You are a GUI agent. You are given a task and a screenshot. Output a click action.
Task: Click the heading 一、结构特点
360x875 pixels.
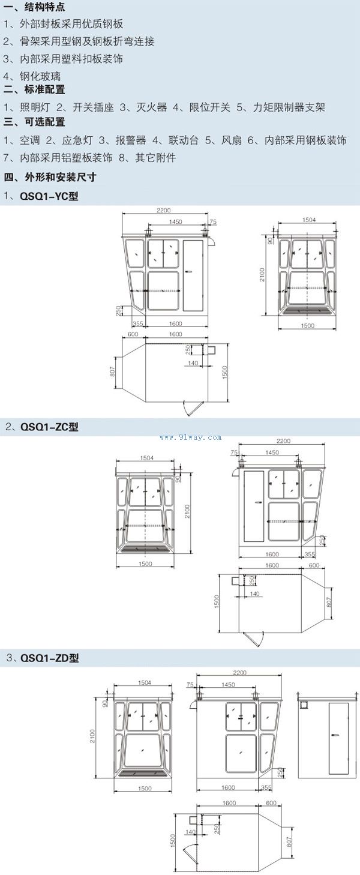34,8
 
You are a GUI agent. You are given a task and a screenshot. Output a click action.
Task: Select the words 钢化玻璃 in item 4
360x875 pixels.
40,76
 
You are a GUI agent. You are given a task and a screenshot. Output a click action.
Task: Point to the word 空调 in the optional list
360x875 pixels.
29,140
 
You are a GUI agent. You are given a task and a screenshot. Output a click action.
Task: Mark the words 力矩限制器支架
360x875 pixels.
289,107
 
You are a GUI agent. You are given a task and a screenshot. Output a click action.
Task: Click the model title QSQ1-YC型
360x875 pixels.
49,196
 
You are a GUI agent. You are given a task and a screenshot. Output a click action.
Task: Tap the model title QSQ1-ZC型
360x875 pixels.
49,427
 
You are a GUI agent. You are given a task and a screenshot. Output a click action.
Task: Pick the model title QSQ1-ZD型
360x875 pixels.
49,658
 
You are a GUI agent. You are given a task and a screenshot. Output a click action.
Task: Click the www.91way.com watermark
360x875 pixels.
191,437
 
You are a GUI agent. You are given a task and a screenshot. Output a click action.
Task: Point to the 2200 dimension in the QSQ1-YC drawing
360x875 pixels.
164,211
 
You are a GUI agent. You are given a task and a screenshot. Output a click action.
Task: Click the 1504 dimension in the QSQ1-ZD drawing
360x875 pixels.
144,682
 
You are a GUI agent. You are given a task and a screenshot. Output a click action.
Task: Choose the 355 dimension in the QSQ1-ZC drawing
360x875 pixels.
310,554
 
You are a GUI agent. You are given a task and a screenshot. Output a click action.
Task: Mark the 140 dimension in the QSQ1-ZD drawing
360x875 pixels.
190,832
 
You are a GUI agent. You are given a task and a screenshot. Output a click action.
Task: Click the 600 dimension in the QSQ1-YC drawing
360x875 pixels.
133,334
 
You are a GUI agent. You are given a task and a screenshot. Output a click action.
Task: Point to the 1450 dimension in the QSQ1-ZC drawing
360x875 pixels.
272,451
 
